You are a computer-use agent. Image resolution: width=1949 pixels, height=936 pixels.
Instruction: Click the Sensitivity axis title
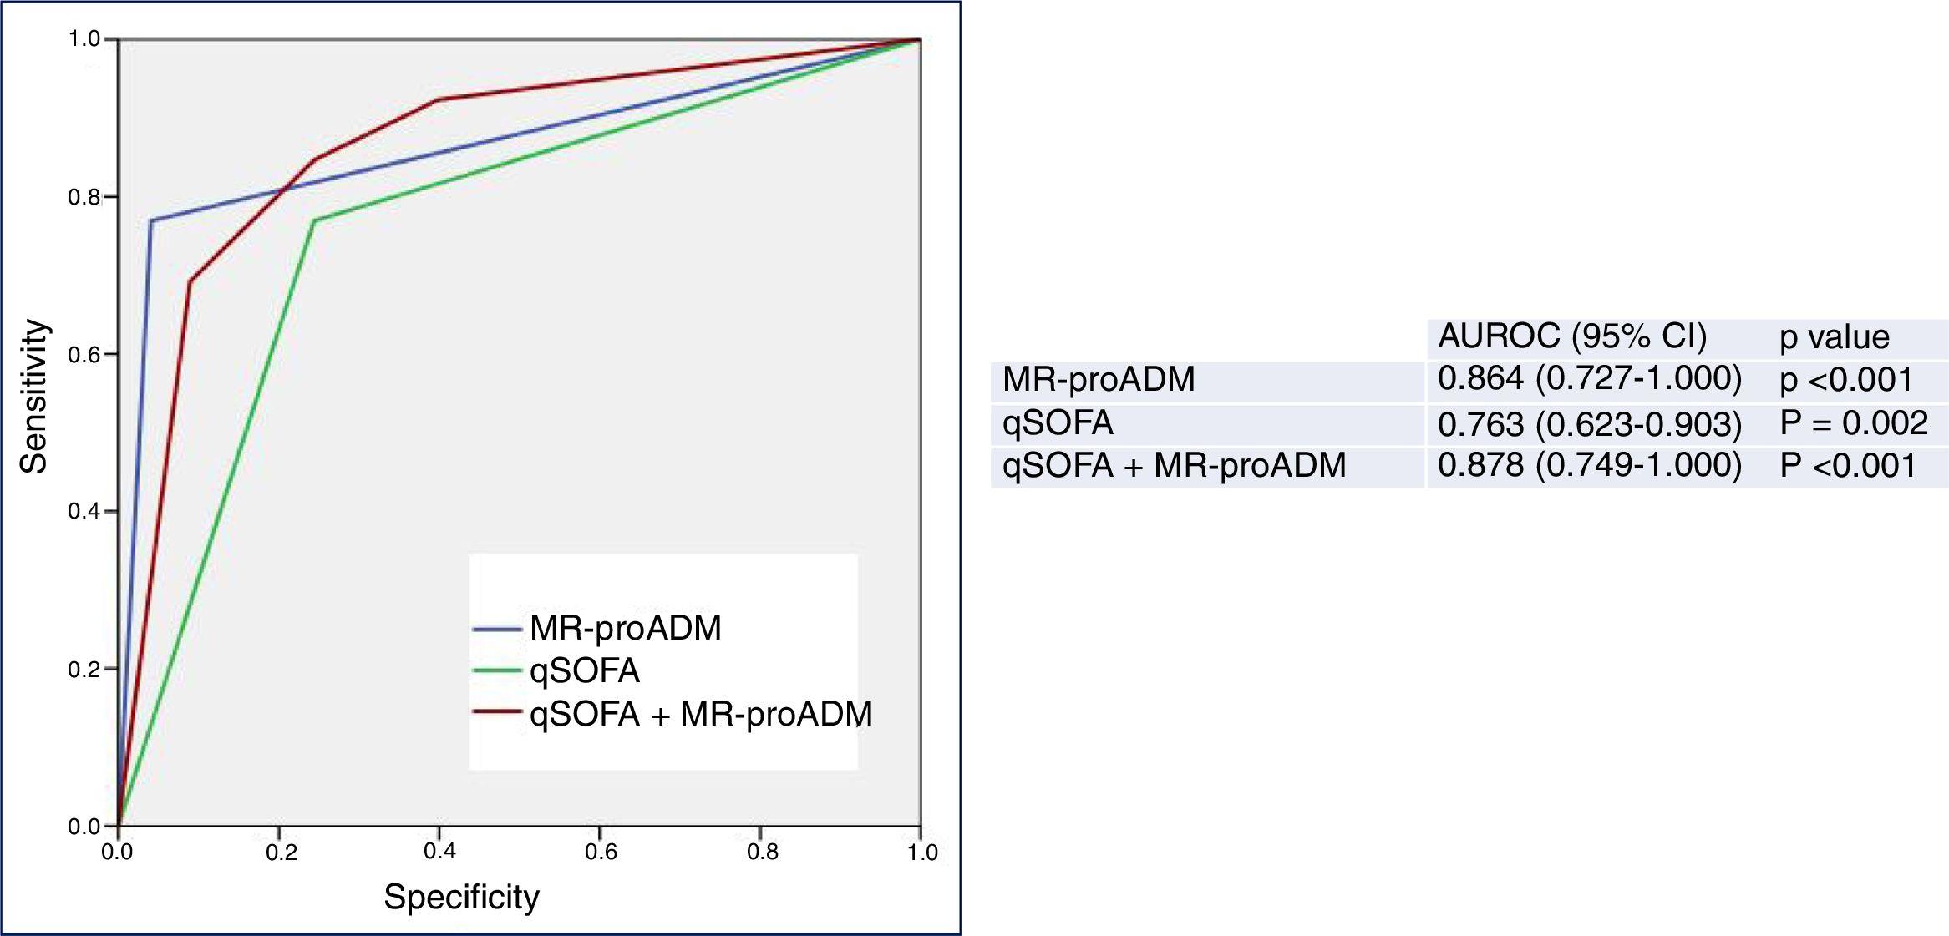click(x=33, y=396)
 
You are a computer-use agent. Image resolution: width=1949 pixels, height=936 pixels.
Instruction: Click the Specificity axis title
click(x=461, y=897)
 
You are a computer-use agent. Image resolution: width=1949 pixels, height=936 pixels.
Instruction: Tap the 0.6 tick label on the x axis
click(x=601, y=852)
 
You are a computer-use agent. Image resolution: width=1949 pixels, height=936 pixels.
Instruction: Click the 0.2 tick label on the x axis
click(x=281, y=852)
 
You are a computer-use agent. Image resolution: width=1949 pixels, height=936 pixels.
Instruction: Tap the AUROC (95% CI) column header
click(x=1572, y=336)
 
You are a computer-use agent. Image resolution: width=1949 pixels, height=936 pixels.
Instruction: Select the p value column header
click(x=1834, y=337)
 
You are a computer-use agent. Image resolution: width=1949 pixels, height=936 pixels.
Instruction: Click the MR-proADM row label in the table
click(x=1099, y=380)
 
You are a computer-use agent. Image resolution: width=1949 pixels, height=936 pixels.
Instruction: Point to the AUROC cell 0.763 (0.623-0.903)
click(x=1589, y=424)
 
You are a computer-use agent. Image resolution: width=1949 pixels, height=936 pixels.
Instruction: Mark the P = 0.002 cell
click(x=1854, y=423)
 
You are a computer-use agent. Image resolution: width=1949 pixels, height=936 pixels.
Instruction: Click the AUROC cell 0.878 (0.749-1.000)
click(x=1589, y=466)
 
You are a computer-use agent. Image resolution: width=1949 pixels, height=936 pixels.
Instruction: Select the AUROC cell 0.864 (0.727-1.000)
click(x=1589, y=379)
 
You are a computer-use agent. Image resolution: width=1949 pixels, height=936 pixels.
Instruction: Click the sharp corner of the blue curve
click(x=150, y=220)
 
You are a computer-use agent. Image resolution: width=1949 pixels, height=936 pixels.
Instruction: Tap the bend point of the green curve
click(x=313, y=220)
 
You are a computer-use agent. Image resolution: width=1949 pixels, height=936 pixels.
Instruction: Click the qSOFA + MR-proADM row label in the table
click(x=1174, y=466)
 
